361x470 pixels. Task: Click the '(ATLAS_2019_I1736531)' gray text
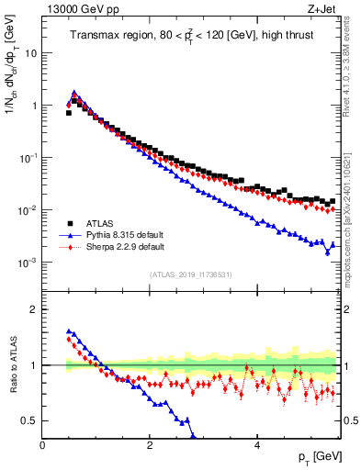point(191,274)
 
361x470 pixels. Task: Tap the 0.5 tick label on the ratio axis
point(28,420)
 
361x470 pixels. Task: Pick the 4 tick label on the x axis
point(256,444)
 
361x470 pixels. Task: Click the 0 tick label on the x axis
point(42,444)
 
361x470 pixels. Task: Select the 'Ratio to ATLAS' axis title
point(12,365)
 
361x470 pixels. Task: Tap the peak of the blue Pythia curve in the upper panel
point(74,92)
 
